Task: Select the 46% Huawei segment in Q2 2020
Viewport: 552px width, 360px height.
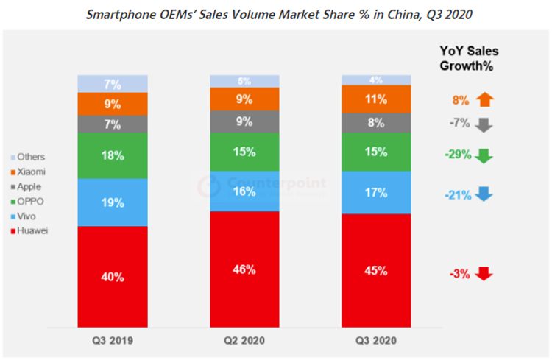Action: pyautogui.click(x=244, y=269)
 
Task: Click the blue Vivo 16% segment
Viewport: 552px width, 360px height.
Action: pyautogui.click(x=244, y=191)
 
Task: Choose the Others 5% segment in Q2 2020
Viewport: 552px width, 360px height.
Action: pyautogui.click(x=244, y=80)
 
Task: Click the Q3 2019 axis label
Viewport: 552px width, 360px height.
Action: pyautogui.click(x=113, y=342)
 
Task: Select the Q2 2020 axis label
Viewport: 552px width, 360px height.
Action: pyautogui.click(x=244, y=342)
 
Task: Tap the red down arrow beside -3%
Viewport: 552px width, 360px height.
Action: pyautogui.click(x=483, y=274)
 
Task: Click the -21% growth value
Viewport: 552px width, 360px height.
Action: pyautogui.click(x=456, y=194)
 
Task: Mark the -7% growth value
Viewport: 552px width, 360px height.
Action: pyautogui.click(x=460, y=123)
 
